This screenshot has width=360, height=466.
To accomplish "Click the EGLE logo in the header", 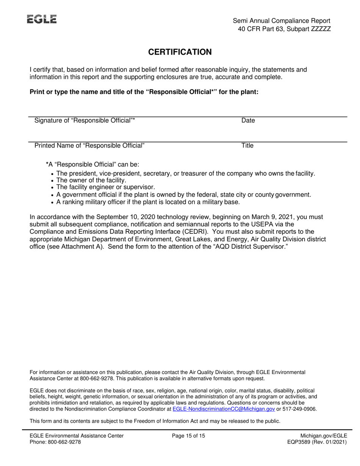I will click(42, 19).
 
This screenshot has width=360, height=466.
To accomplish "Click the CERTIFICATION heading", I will click(180, 52).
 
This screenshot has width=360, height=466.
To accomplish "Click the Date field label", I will click(248, 121).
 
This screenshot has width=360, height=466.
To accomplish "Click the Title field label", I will click(247, 145).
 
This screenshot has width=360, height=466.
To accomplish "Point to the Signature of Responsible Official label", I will click(85, 121).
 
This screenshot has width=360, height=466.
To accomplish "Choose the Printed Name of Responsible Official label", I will click(89, 145).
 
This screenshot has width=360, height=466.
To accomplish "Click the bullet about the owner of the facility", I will click(91, 180).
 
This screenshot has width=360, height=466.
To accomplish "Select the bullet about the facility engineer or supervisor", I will click(105, 188).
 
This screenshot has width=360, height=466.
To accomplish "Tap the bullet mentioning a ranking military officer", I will click(148, 202).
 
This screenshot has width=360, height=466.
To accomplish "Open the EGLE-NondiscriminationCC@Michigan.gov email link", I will click(224, 409).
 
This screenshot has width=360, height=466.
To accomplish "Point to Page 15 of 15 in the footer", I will click(188, 436).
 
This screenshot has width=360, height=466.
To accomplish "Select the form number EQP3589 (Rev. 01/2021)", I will click(317, 442).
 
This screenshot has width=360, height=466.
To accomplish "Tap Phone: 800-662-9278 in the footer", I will click(55, 442).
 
